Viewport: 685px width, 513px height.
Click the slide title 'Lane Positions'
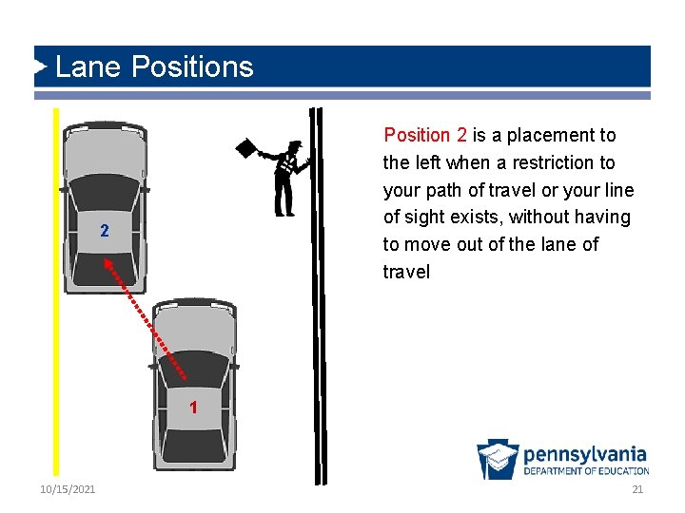(154, 67)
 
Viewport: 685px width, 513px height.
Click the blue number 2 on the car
(105, 232)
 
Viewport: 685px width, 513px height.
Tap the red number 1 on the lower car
(193, 408)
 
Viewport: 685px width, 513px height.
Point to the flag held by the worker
(246, 148)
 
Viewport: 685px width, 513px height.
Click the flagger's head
(295, 147)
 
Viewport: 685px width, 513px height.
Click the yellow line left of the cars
(56, 285)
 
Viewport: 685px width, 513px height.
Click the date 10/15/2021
(68, 488)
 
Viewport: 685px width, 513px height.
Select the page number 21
(637, 488)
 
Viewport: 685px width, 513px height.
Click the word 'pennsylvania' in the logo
(584, 455)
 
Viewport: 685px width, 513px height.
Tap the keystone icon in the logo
(498, 460)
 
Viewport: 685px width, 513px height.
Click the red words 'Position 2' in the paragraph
(425, 136)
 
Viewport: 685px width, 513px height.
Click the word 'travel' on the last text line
(406, 272)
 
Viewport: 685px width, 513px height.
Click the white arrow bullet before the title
(40, 66)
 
